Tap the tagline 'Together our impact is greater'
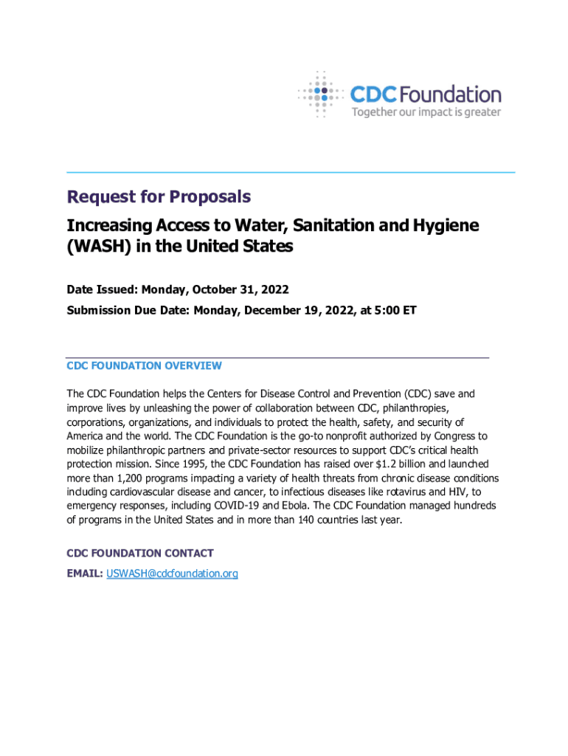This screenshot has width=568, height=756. coord(426,112)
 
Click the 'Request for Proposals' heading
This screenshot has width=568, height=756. coord(159,197)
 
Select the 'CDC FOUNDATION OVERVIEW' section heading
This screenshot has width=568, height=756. coord(144,365)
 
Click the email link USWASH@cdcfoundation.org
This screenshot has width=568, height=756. coord(172,573)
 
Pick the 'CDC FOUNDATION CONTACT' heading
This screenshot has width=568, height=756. coord(140,553)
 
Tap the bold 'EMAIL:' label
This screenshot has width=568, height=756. coord(85,573)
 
